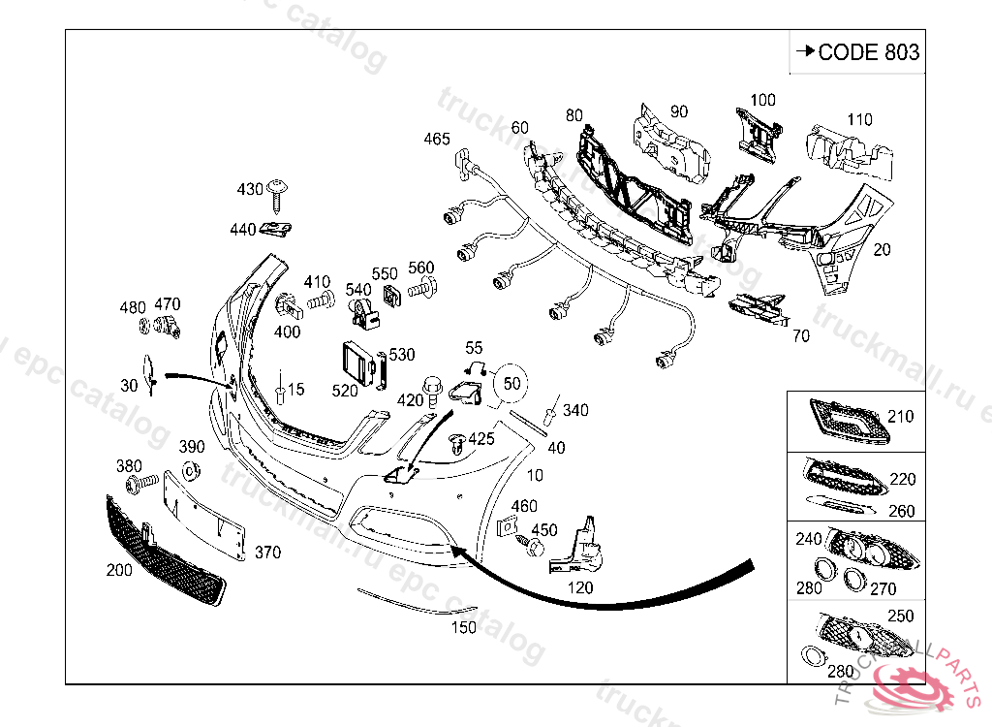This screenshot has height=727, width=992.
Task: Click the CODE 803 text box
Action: (855, 52)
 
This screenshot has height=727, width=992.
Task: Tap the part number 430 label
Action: (250, 189)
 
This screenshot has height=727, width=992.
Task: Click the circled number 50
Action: (512, 383)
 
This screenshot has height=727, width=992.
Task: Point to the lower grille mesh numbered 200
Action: (165, 548)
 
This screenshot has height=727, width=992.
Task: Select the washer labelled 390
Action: (190, 472)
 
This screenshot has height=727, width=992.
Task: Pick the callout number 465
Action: (437, 139)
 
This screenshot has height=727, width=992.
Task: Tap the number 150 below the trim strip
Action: (465, 627)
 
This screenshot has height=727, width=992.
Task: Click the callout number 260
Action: (902, 511)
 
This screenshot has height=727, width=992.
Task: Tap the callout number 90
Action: (678, 111)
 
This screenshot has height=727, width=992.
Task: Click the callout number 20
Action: (882, 249)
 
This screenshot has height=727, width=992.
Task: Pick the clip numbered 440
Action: (279, 230)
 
